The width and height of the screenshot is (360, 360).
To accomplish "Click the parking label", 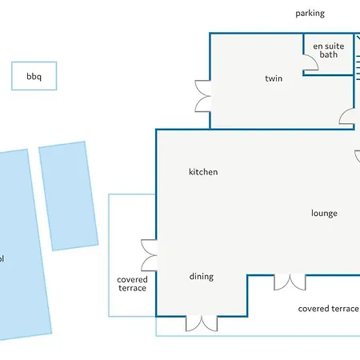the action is [310, 14].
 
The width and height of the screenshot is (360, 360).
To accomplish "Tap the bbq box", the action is [34, 76].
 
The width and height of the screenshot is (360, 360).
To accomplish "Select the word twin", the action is [274, 78].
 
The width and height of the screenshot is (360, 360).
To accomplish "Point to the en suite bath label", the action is [329, 50].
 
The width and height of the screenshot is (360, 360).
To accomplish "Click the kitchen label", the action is [203, 172].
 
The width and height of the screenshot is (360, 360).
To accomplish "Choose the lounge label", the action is [324, 214].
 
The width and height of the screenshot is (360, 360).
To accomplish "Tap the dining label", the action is [202, 277].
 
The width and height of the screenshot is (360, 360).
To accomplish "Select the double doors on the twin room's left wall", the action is [203, 96].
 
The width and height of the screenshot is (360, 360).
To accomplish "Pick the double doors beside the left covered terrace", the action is [149, 255].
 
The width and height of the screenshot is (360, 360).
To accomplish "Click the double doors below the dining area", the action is [202, 323].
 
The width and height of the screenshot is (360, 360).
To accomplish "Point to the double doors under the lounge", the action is [290, 282].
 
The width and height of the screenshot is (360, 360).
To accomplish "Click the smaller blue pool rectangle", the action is [69, 196].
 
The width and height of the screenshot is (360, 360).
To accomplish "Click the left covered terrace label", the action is [132, 284].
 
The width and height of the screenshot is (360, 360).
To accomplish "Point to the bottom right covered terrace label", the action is [329, 309].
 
